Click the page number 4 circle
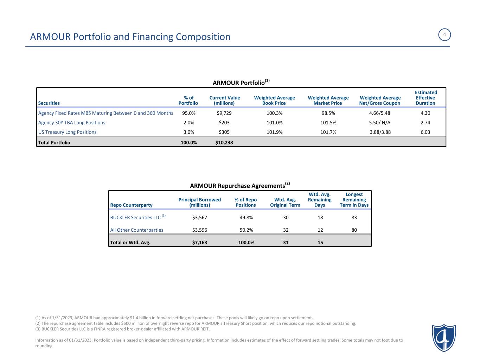coord(444,35)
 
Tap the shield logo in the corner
coord(444,337)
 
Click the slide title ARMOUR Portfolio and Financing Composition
coord(130,37)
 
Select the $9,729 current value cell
coord(224,113)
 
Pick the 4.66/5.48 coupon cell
coord(379,113)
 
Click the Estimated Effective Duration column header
coord(425,98)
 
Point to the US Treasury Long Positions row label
coord(67,132)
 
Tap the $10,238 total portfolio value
coord(224,142)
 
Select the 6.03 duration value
coord(425,132)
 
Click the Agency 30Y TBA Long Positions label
coord(72,123)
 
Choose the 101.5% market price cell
coord(328,123)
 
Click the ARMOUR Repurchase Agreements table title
coord(240,185)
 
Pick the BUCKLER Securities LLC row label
coord(135,218)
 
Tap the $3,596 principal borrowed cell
coord(199,230)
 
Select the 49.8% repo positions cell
coord(245,218)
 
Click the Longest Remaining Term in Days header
coord(354,200)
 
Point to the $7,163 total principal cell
coord(199,242)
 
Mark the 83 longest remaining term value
coord(354,218)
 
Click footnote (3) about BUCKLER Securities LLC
coord(122,329)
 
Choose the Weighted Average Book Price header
coord(274,100)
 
